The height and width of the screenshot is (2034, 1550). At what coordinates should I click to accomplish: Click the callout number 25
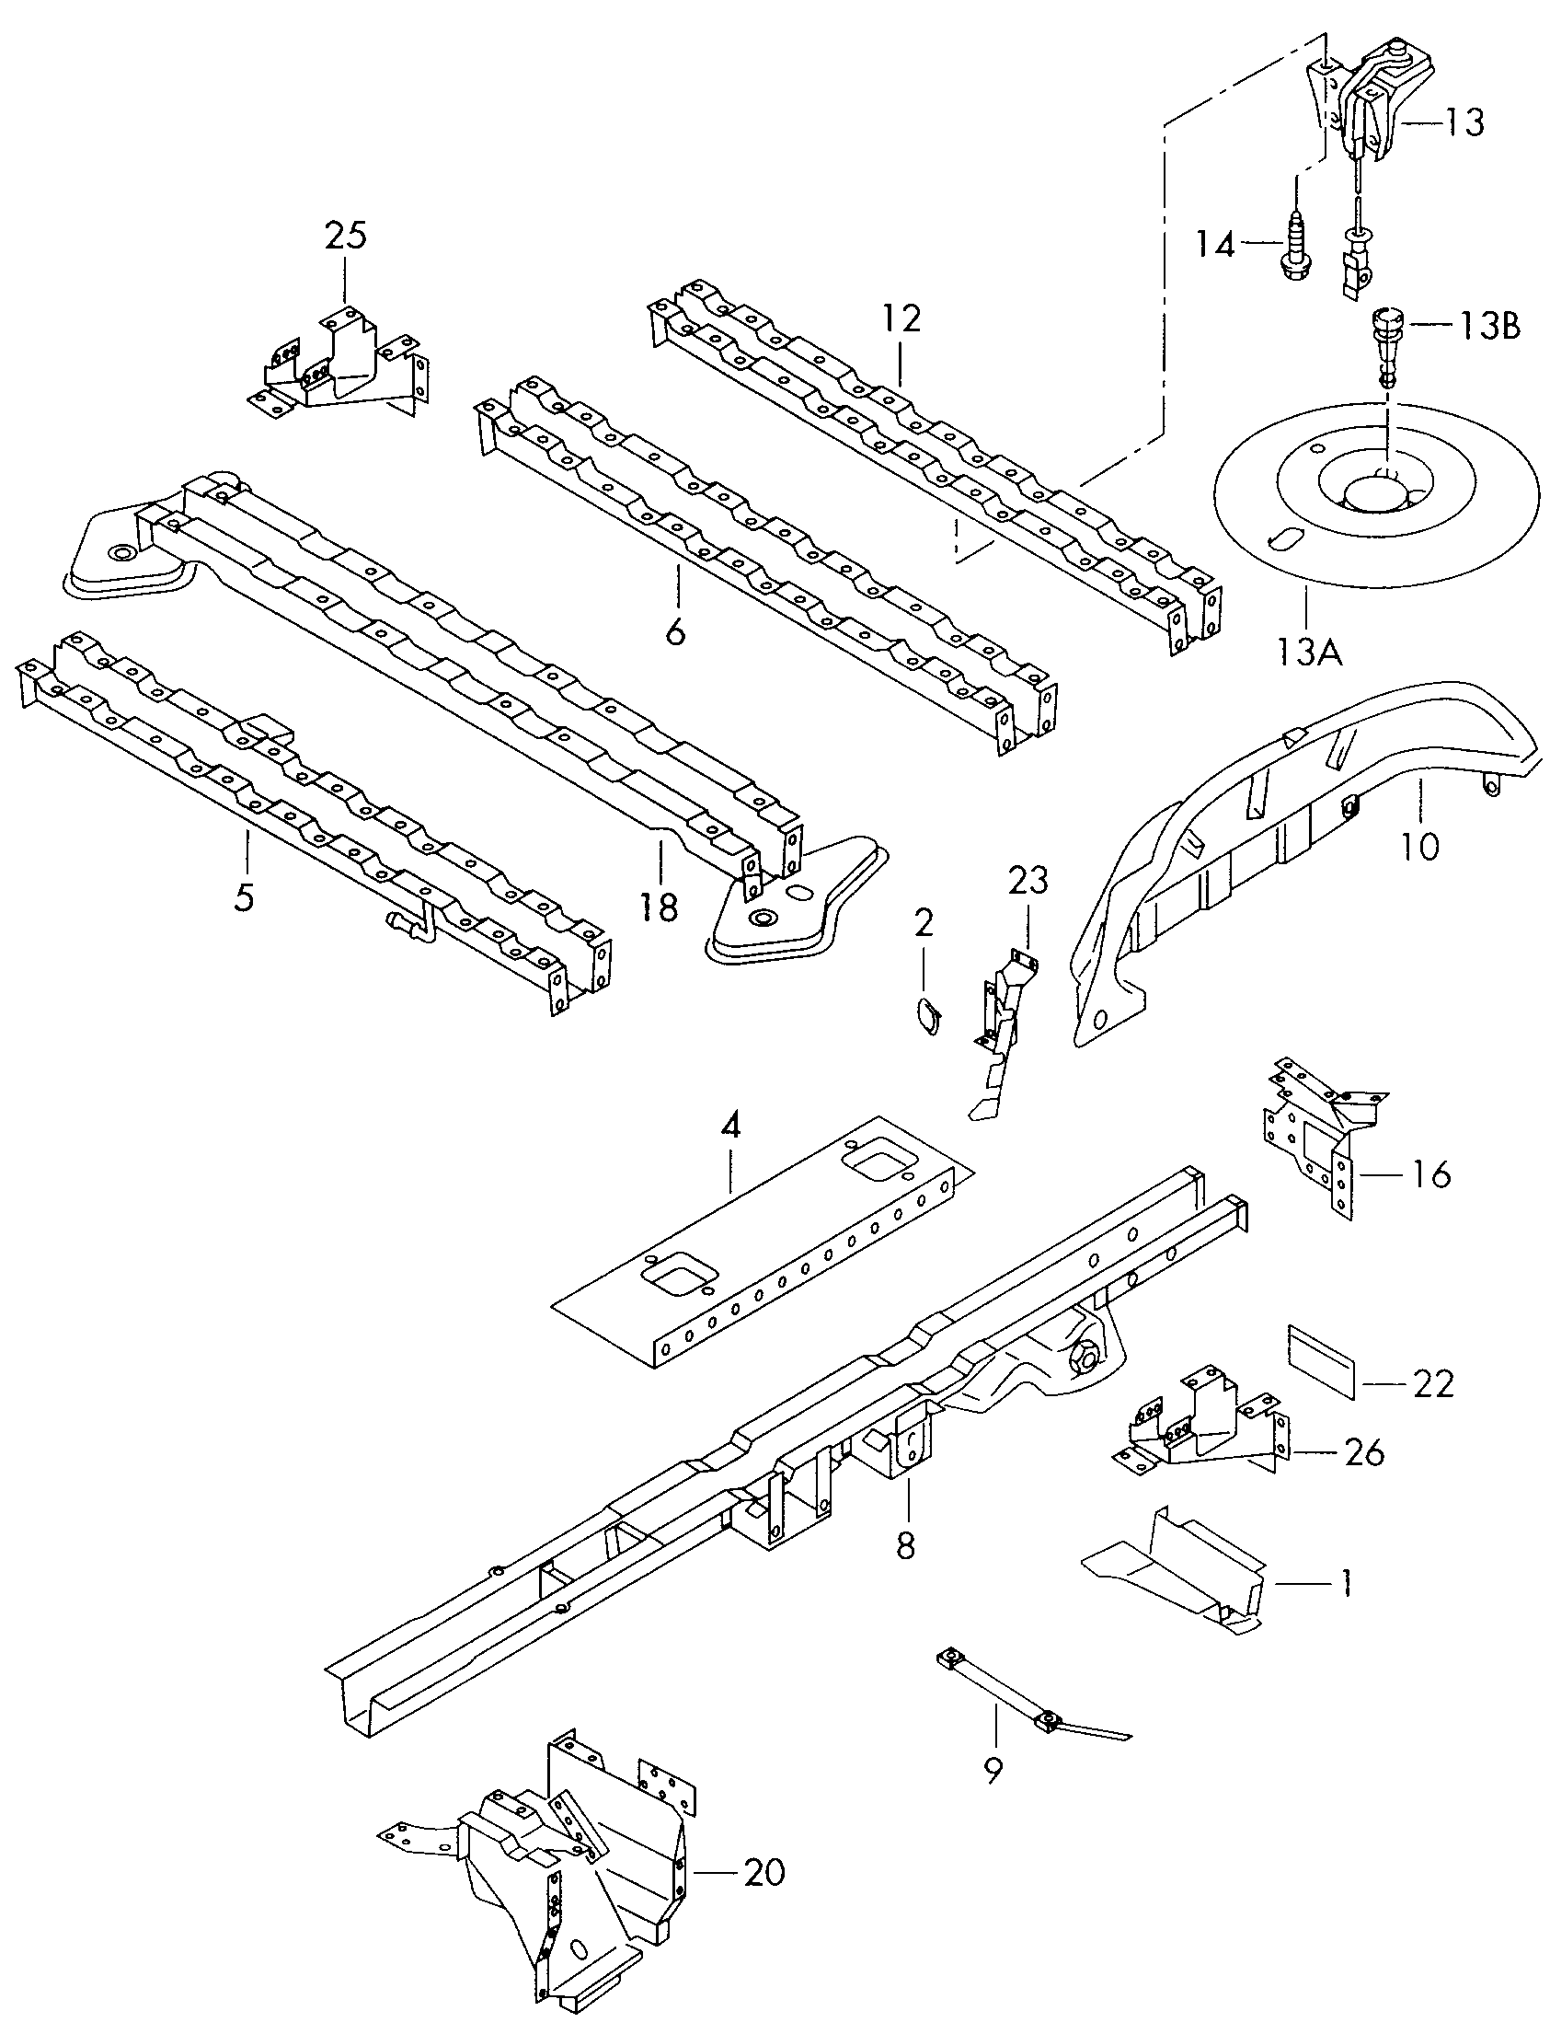(345, 236)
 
